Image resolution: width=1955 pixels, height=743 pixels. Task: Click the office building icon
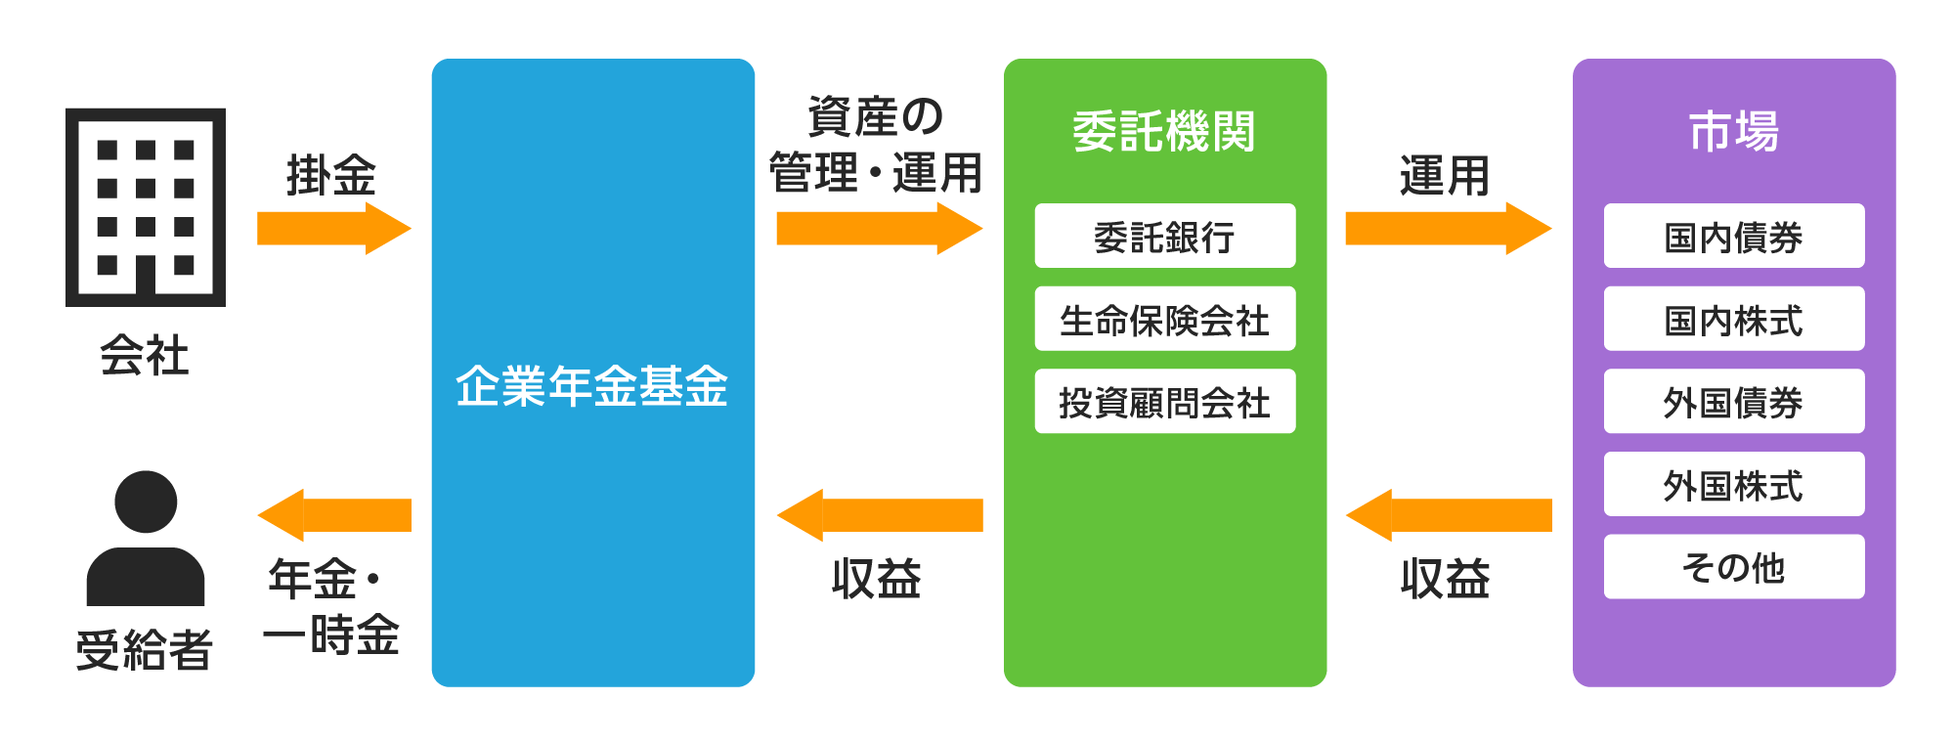click(x=146, y=206)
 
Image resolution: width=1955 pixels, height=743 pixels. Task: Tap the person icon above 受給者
click(x=146, y=539)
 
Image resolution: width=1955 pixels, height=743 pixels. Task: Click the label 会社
click(x=145, y=355)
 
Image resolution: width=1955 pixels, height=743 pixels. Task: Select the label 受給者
click(x=145, y=649)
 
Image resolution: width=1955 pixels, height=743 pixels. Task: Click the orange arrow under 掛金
click(x=333, y=228)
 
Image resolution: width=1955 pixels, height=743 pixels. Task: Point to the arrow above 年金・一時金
click(x=333, y=515)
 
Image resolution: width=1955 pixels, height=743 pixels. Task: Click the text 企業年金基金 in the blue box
click(x=592, y=385)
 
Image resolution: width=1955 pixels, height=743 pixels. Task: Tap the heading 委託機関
click(x=1164, y=131)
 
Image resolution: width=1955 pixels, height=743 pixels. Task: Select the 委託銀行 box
click(x=1164, y=236)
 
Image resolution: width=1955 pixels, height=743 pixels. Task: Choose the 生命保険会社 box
click(x=1164, y=319)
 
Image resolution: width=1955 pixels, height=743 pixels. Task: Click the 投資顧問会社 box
click(x=1164, y=401)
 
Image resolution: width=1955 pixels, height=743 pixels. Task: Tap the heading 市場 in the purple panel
click(x=1733, y=131)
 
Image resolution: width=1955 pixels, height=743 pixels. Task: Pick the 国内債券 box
click(x=1733, y=236)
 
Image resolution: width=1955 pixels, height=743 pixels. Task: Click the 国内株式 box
click(x=1733, y=319)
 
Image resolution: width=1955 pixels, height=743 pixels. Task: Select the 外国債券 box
click(x=1733, y=401)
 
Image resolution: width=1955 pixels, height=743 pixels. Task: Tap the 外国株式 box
click(x=1733, y=484)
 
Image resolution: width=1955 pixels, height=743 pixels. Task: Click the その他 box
click(x=1733, y=566)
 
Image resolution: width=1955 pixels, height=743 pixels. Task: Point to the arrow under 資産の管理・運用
click(x=878, y=228)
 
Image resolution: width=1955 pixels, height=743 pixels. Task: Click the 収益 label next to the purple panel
click(x=1445, y=579)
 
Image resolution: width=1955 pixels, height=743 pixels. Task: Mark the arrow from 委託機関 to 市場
click(x=1447, y=228)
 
